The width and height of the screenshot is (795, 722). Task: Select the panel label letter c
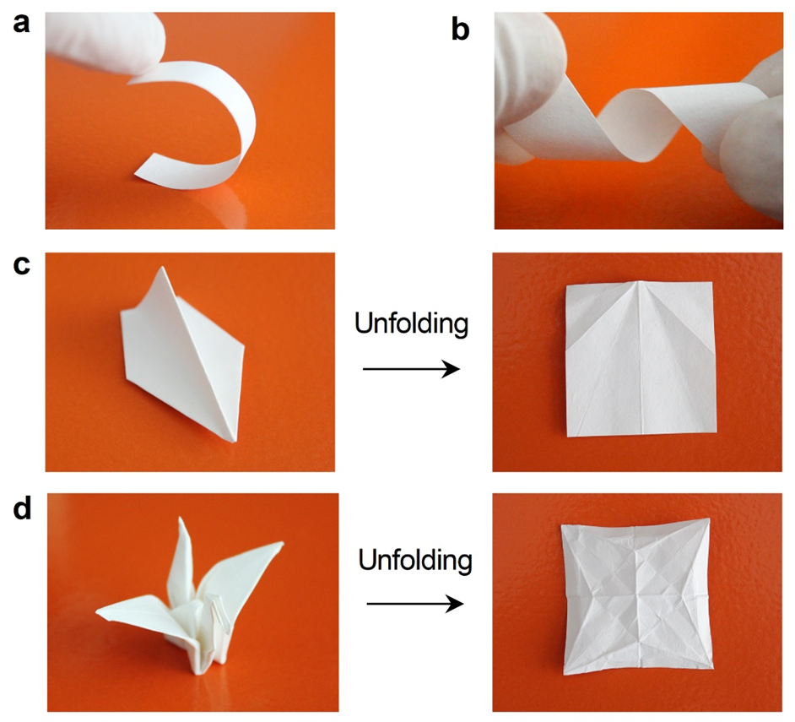pyautogui.click(x=21, y=265)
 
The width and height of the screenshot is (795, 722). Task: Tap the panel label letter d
pyautogui.click(x=22, y=508)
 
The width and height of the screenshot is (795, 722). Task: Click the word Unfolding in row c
pyautogui.click(x=411, y=324)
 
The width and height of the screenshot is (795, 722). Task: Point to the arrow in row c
pyautogui.click(x=411, y=369)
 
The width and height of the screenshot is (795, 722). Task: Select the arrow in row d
pyautogui.click(x=414, y=604)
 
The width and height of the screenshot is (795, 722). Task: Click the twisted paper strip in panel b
pyautogui.click(x=629, y=122)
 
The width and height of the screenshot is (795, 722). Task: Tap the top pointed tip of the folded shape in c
pyautogui.click(x=162, y=268)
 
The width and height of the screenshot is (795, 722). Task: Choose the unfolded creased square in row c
pyautogui.click(x=641, y=359)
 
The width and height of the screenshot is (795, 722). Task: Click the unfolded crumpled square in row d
pyautogui.click(x=636, y=598)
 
